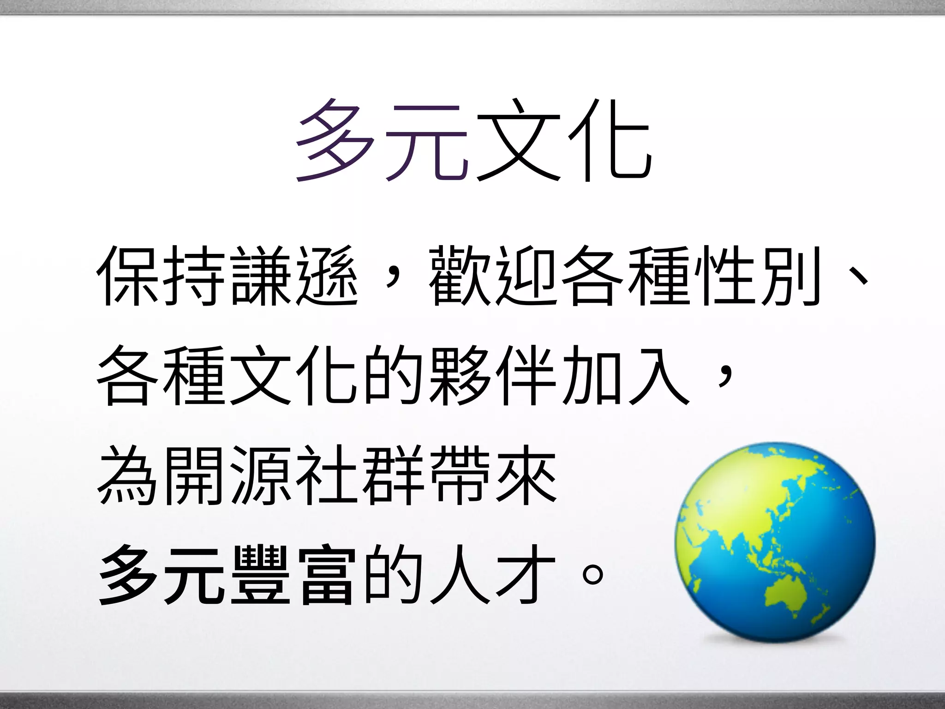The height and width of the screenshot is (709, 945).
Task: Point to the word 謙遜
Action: tap(295, 276)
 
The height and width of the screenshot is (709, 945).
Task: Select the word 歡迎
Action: tap(494, 276)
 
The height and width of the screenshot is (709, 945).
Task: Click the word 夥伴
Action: tap(494, 375)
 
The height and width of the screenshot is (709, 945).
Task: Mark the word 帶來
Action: tap(494, 475)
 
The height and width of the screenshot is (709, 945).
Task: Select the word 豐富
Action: tap(295, 575)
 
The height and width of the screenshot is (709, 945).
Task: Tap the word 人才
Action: tap(494, 575)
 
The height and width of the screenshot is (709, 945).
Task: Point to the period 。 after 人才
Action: tap(593, 575)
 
